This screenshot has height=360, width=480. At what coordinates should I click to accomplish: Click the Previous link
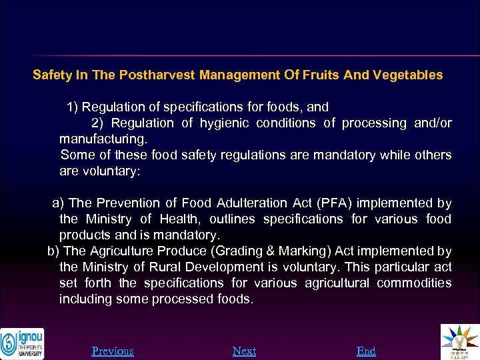pos(113,351)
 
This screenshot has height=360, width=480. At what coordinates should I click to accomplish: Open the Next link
pos(244,351)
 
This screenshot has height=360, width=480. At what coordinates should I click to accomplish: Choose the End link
pos(366,351)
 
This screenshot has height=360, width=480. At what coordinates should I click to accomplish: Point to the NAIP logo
pos(460,342)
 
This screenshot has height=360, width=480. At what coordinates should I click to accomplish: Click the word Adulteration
pos(257,203)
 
